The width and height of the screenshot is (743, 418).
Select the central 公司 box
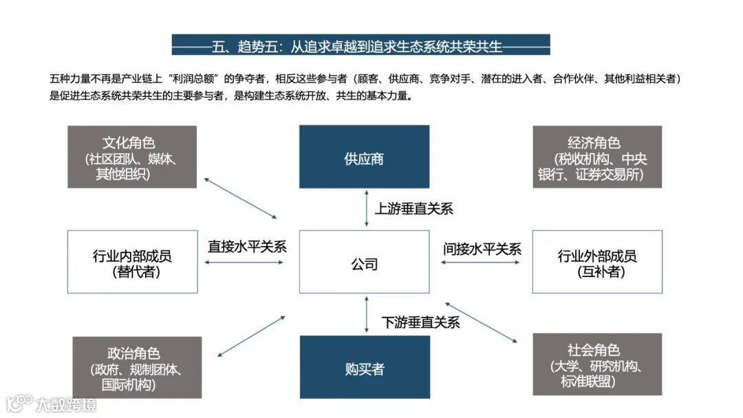click(x=364, y=261)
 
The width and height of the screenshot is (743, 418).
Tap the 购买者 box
click(x=364, y=367)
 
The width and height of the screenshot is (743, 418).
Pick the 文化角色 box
click(x=132, y=157)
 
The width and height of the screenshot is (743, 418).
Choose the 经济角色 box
click(x=597, y=157)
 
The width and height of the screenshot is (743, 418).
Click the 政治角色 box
click(x=137, y=367)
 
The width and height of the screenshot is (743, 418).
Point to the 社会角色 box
click(x=597, y=364)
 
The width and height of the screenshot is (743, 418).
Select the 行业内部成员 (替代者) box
click(x=132, y=261)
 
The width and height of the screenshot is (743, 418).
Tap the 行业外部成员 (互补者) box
click(x=597, y=261)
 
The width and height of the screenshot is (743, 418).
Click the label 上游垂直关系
click(x=414, y=209)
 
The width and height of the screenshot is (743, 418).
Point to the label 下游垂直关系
click(x=421, y=321)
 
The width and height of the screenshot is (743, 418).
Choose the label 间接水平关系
click(x=482, y=249)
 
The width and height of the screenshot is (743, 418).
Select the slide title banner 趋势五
click(x=360, y=45)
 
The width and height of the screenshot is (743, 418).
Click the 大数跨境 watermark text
click(x=66, y=404)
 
